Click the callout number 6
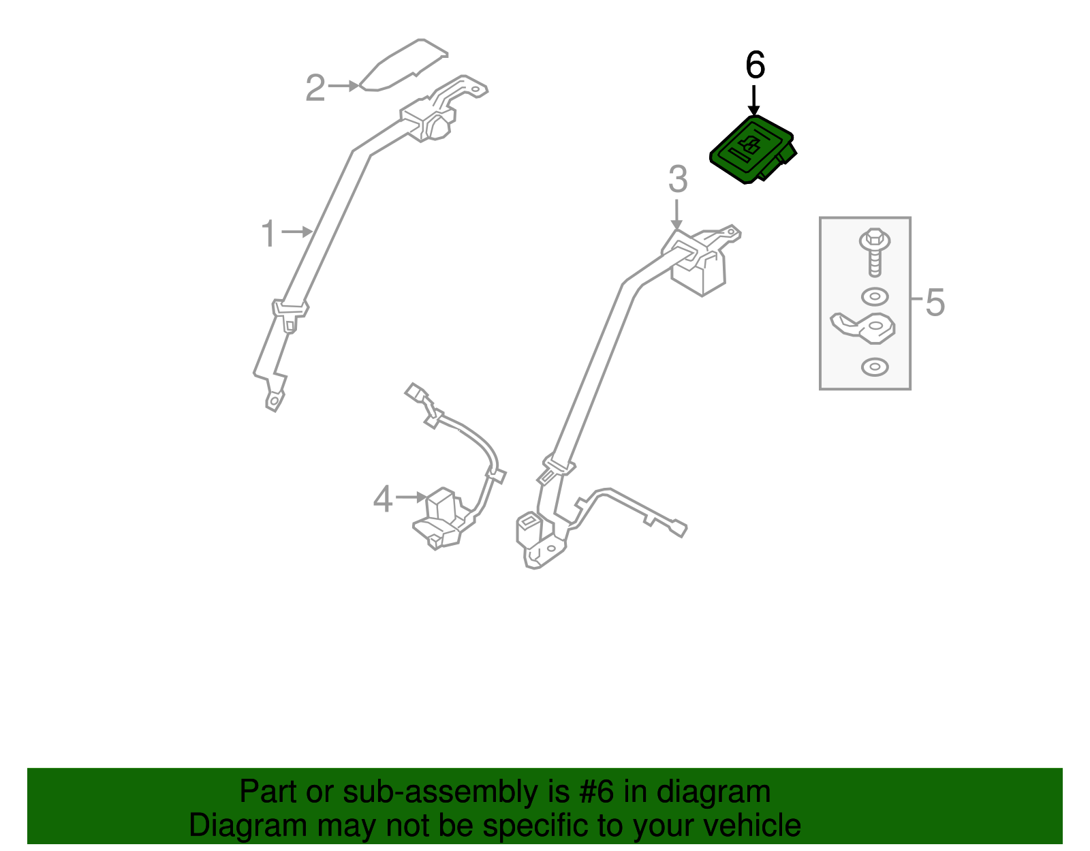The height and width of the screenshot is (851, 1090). pos(755,65)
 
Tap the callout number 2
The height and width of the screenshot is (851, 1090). pos(315,89)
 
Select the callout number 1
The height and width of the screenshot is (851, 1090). pos(269,234)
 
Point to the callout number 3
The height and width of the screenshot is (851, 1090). pos(677,179)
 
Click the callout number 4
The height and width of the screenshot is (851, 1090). pos(383,499)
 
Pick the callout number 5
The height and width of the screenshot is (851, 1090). pos(935,302)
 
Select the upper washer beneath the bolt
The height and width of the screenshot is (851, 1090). pos(875,297)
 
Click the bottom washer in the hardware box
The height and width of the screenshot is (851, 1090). pos(875,367)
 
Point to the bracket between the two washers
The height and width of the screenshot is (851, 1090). pos(864,328)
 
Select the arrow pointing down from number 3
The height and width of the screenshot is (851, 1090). pos(676,215)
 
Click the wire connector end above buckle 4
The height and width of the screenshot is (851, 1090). pos(414,392)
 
